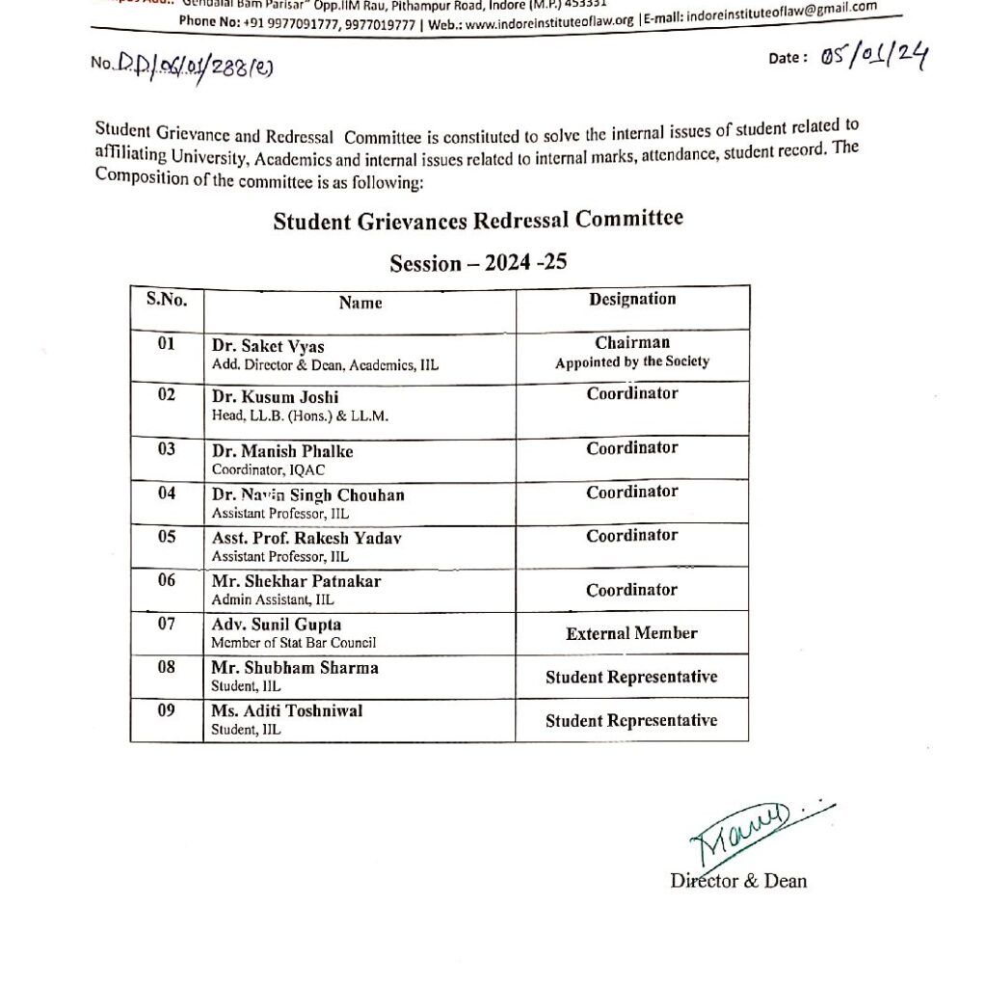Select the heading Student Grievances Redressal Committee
point(478,221)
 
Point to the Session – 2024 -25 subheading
point(477,263)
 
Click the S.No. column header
point(167,299)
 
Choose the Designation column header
point(632,299)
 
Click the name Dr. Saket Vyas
point(268,347)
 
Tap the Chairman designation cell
point(632,343)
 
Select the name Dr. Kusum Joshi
point(275,397)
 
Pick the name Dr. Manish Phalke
point(282,451)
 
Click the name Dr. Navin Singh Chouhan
point(307,495)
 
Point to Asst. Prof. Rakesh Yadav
point(307,539)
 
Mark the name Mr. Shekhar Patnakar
point(296,581)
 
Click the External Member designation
point(631,633)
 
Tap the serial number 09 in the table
point(167,710)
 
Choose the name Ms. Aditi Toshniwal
point(287,711)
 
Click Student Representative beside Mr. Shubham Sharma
point(631,678)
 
